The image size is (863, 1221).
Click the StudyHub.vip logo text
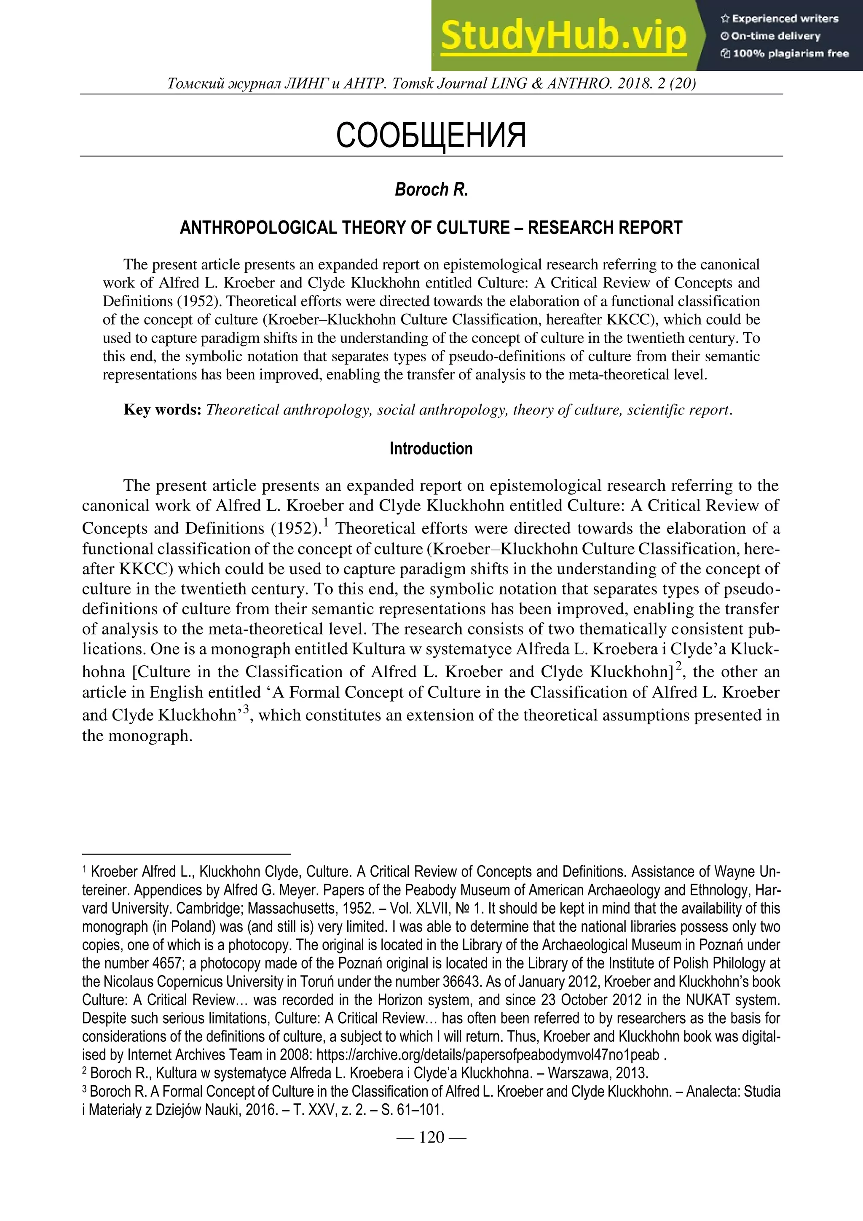[x=563, y=36]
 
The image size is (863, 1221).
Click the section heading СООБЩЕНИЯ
[x=431, y=135]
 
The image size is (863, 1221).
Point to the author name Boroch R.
[x=431, y=190]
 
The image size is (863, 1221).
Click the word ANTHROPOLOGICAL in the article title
[x=259, y=228]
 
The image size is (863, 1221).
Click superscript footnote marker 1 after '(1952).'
[x=326, y=523]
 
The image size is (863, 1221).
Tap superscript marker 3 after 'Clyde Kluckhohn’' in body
[x=246, y=710]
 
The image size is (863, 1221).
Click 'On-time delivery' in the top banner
[x=775, y=36]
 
